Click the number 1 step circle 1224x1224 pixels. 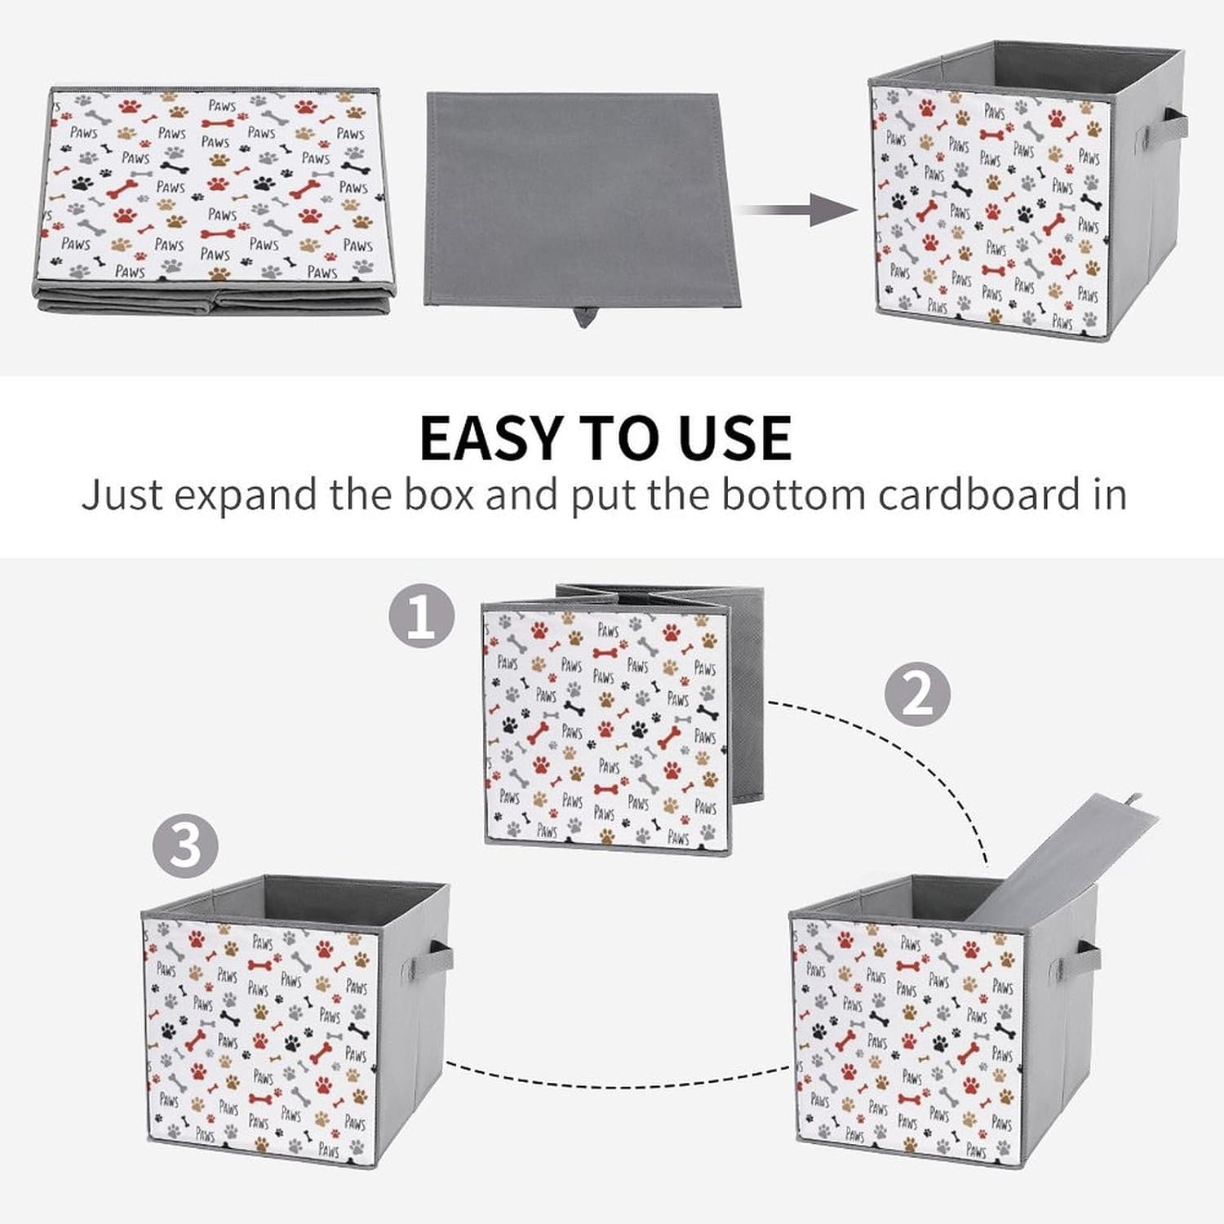[421, 615]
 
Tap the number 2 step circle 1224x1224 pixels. [918, 694]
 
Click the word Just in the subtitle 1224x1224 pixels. [122, 494]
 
